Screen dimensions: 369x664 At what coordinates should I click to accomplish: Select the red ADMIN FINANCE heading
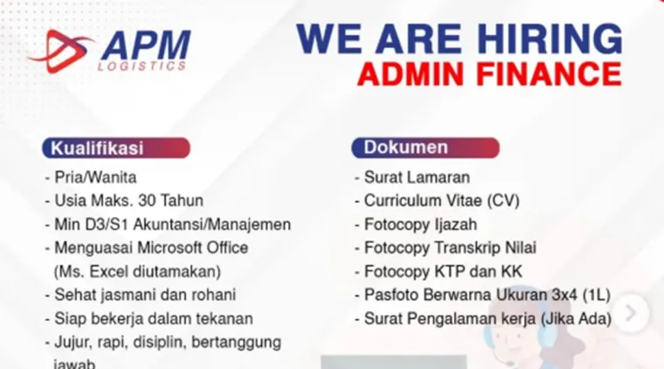pyautogui.click(x=489, y=73)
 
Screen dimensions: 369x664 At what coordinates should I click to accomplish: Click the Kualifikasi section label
pyautogui.click(x=97, y=148)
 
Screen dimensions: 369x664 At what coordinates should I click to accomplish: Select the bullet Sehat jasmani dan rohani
pyautogui.click(x=145, y=295)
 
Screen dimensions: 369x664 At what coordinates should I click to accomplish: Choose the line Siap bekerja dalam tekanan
pyautogui.click(x=154, y=318)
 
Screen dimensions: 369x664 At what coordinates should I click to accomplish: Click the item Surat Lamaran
pyautogui.click(x=417, y=177)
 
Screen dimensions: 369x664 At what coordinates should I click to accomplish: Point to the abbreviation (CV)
pyautogui.click(x=504, y=200)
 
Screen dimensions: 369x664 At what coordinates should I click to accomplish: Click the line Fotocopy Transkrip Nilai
pyautogui.click(x=450, y=247)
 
